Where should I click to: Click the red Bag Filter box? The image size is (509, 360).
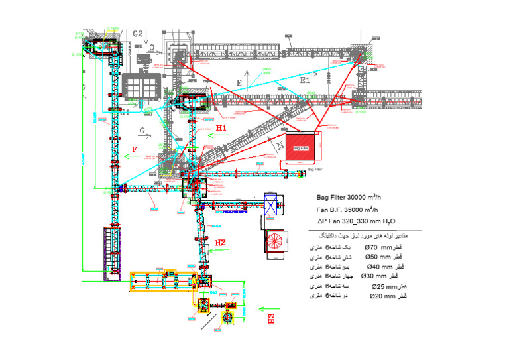tap(302, 148)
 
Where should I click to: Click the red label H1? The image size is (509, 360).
tap(221, 127)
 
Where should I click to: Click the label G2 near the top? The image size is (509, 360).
tap(138, 33)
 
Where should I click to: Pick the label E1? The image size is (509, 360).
tap(305, 80)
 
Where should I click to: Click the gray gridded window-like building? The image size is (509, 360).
tap(141, 86)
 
